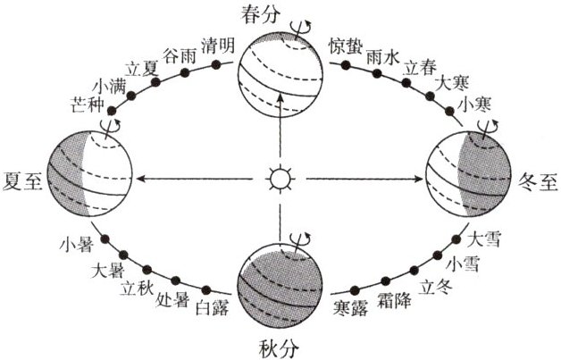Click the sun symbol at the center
coord(280,180)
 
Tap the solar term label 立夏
coord(144,68)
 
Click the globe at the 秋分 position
coord(280,282)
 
